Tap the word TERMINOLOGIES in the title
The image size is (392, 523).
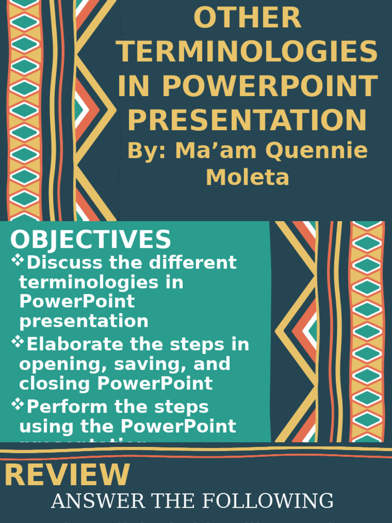[248, 52]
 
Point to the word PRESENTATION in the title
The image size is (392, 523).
[248, 120]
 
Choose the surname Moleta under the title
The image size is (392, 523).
[248, 177]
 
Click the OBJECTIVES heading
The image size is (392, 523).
[90, 240]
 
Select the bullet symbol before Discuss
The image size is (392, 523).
[18, 261]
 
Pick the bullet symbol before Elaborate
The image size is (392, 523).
[18, 343]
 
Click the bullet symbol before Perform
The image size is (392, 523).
[18, 405]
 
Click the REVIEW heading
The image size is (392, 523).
[67, 475]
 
